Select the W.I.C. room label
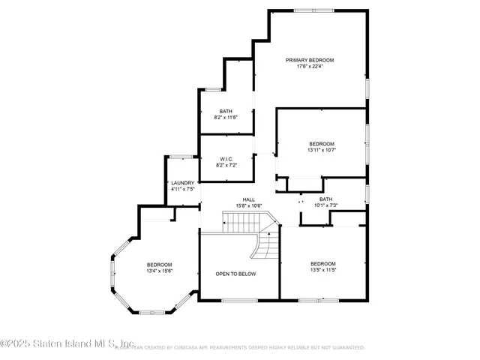click(x=226, y=158)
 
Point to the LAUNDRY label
click(x=182, y=183)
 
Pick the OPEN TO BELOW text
click(x=235, y=274)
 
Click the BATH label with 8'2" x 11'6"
click(x=226, y=111)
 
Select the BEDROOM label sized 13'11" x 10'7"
click(x=322, y=143)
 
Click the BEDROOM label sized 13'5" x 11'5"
click(x=323, y=263)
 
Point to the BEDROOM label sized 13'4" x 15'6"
click(x=160, y=265)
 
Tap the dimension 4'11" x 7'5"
click(x=182, y=190)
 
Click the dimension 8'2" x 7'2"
click(x=226, y=165)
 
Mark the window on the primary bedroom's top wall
click(x=304, y=10)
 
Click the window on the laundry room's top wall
click(x=180, y=157)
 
